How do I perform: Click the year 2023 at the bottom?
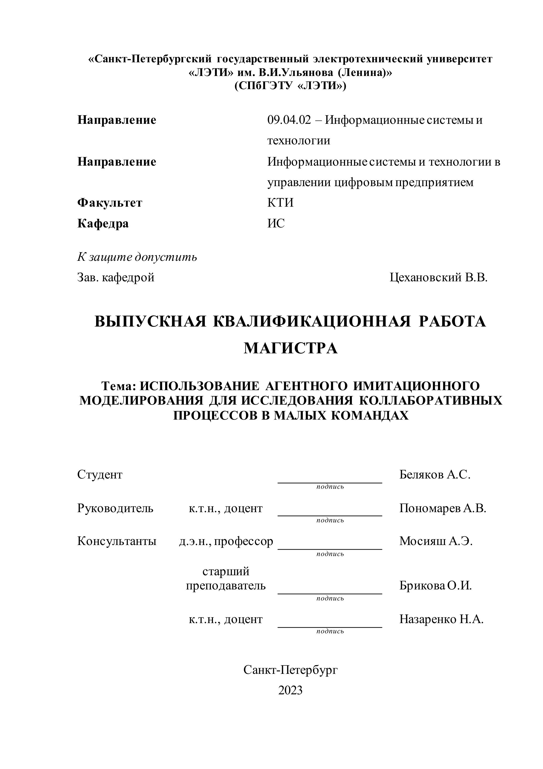[290, 690]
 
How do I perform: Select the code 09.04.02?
[289, 120]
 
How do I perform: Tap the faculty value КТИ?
[280, 203]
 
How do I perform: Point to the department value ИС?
[276, 223]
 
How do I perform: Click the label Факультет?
[110, 203]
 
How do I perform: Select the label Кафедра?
[103, 223]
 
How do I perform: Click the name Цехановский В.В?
[438, 277]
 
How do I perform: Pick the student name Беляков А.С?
[435, 475]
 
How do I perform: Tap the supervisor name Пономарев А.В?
[442, 508]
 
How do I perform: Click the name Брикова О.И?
[435, 585]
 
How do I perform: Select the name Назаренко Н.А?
[441, 619]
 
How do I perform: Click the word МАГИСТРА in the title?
[290, 348]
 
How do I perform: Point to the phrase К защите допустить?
[137, 257]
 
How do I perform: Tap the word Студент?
[100, 475]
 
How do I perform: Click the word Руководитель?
[115, 508]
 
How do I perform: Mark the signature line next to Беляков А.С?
[330, 482]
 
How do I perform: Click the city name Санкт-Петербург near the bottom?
[290, 670]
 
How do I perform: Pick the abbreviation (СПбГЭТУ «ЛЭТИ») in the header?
[290, 86]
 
